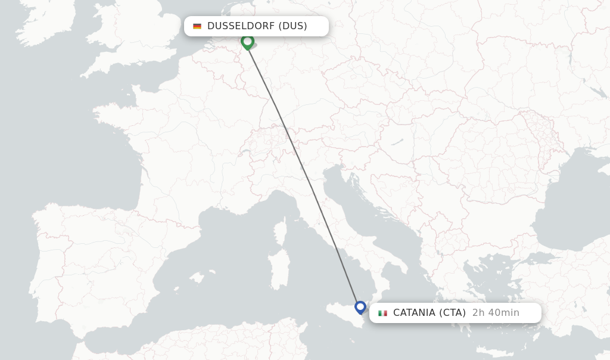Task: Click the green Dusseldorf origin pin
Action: pyautogui.click(x=247, y=41)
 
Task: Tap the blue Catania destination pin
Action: pyautogui.click(x=360, y=307)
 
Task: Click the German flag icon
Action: pyautogui.click(x=197, y=26)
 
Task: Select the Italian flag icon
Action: pyautogui.click(x=382, y=313)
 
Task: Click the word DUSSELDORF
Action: pyautogui.click(x=241, y=26)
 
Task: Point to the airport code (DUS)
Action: pyautogui.click(x=292, y=26)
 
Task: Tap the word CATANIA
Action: pyautogui.click(x=414, y=313)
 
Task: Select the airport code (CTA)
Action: pyautogui.click(x=453, y=313)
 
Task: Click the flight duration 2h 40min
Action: pyautogui.click(x=496, y=313)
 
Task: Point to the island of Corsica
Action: pyautogui.click(x=281, y=229)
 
